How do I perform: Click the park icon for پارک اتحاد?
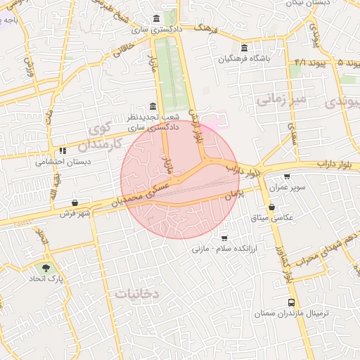coord(46,268)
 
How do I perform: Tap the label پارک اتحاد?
coord(46,281)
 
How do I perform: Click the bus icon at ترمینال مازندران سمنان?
coord(290,302)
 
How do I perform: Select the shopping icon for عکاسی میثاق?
coord(272,207)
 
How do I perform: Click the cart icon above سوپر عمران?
coord(286,177)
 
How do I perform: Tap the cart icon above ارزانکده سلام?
coord(224,238)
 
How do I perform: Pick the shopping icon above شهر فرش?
coord(75,203)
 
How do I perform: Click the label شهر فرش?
coord(74,214)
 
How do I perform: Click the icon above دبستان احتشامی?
coord(63,150)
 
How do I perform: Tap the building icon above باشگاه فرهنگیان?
coord(244,48)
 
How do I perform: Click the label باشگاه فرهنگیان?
coord(243,60)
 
